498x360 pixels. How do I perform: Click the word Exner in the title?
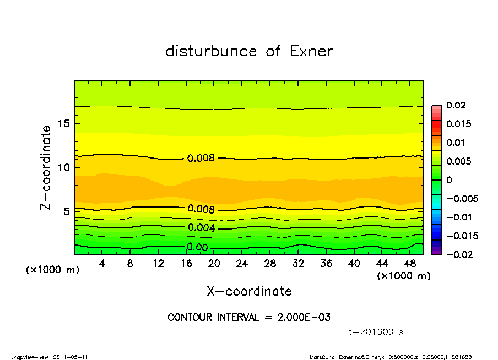pos(311,51)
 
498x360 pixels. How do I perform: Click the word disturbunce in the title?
pos(211,51)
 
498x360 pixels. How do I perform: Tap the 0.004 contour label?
pos(201,228)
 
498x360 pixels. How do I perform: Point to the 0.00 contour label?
pos(197,247)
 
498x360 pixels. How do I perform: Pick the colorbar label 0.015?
pos(458,124)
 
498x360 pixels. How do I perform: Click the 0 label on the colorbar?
pos(448,180)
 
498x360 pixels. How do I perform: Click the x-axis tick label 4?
pos(102,264)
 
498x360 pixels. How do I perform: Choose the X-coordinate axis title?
pos(249,291)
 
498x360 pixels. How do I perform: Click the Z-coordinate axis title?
pos(46,167)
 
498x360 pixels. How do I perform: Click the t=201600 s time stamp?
pos(377,332)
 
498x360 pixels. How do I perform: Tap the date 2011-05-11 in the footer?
pos(71,357)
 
